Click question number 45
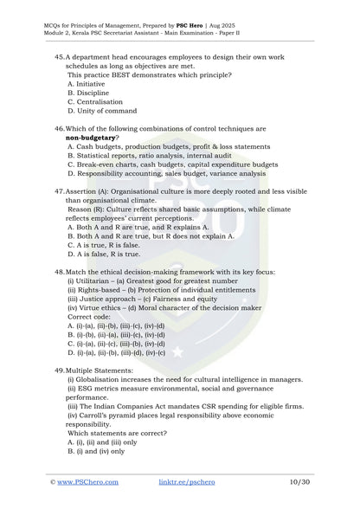point(58,55)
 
